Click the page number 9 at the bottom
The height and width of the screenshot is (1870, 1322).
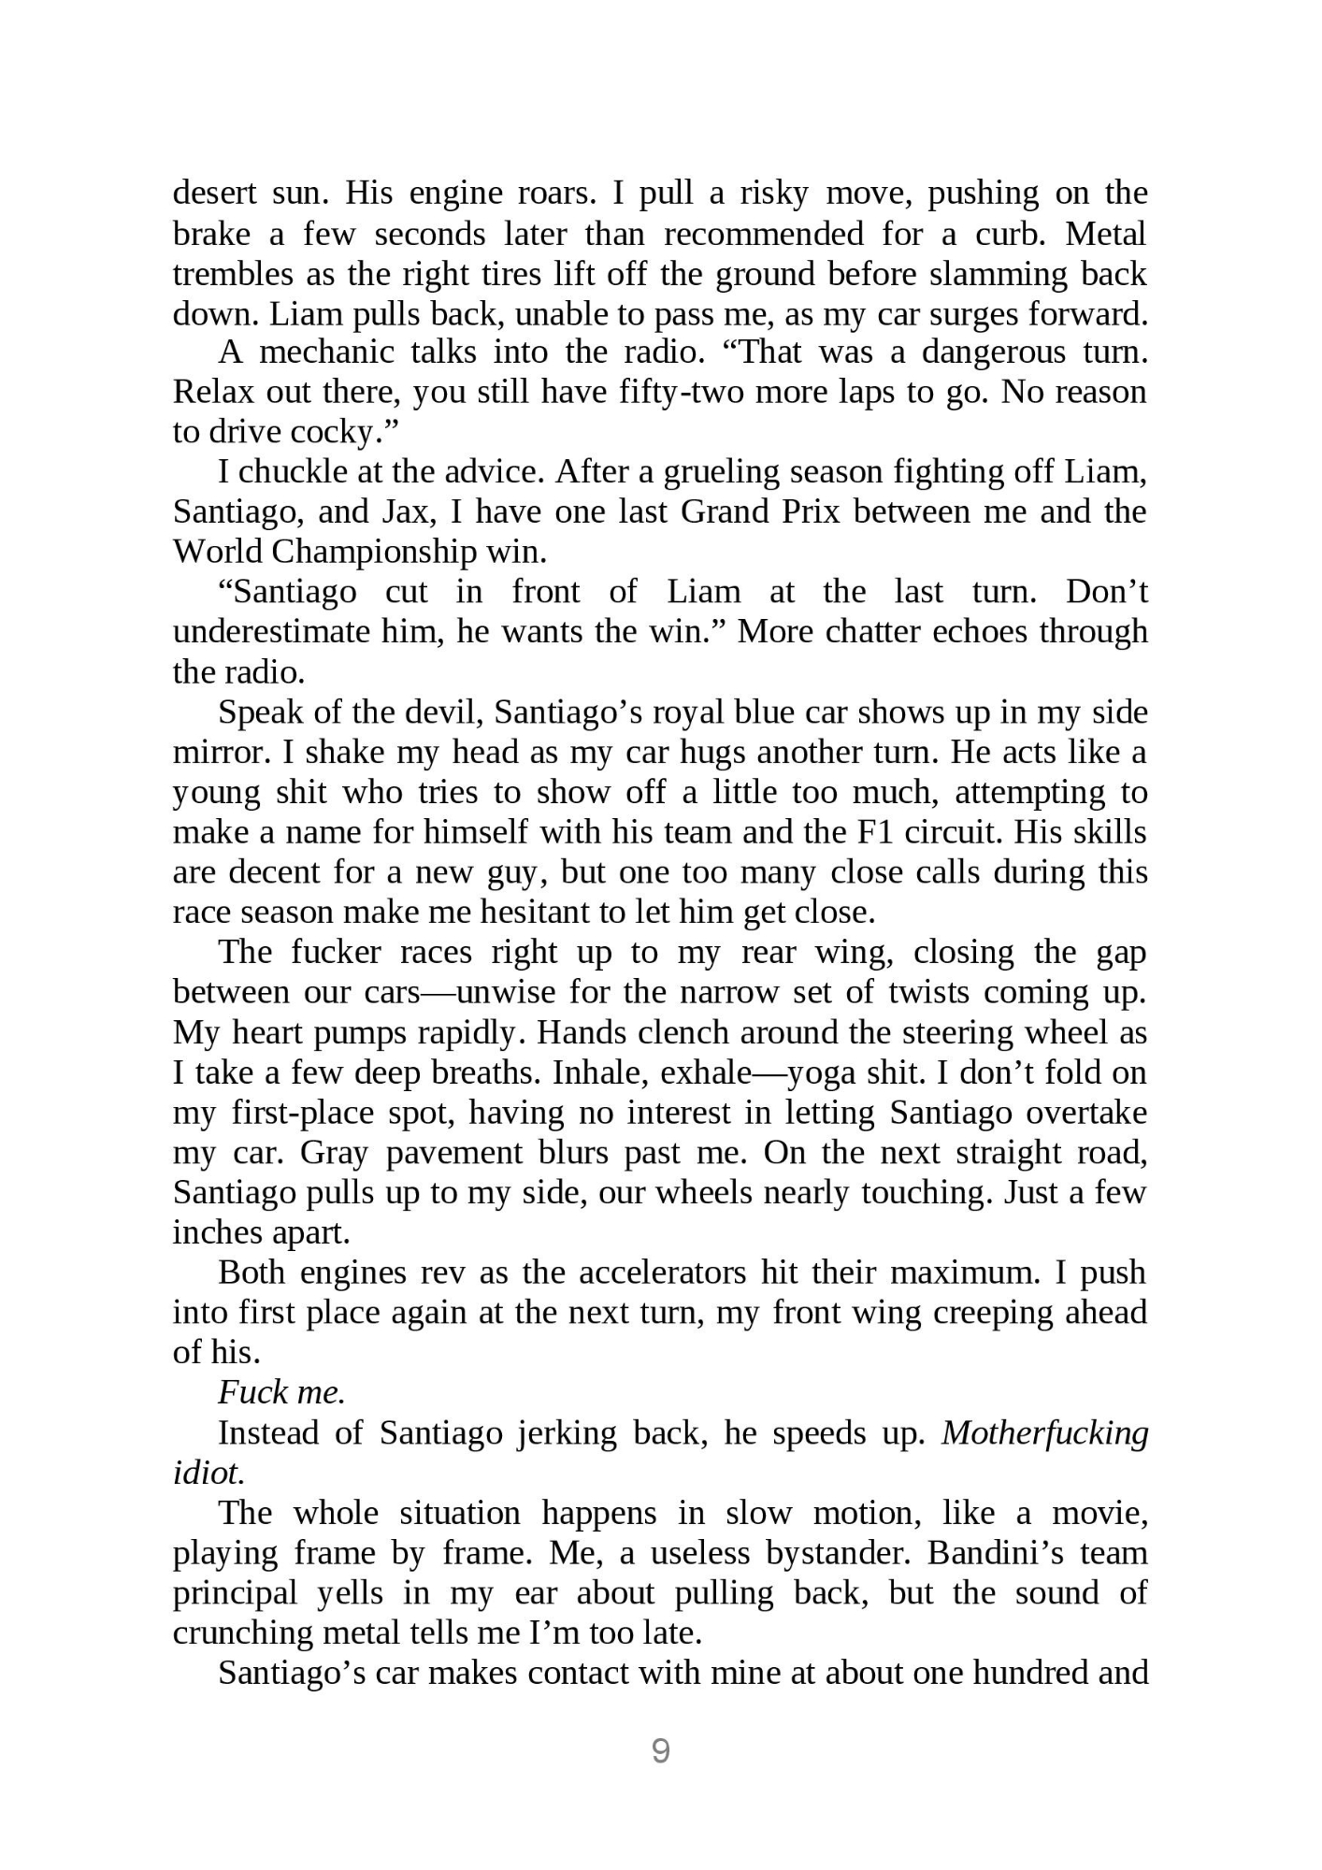[x=660, y=1750]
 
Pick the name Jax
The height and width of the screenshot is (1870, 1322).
[x=405, y=512]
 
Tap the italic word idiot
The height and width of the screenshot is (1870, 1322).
[x=208, y=1473]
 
